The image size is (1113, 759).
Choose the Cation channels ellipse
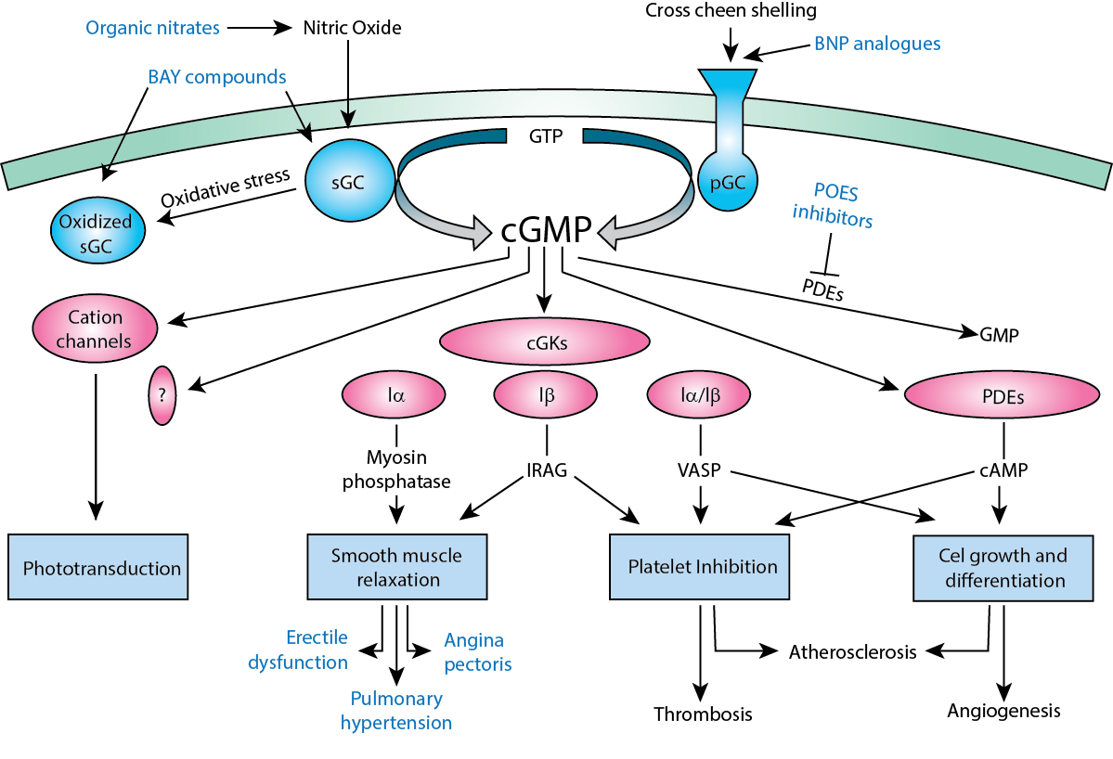(94, 328)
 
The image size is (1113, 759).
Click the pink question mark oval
(162, 394)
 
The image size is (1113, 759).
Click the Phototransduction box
(98, 567)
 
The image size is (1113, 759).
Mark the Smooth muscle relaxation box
(396, 567)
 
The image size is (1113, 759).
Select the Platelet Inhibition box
(702, 567)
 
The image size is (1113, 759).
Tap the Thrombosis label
(702, 714)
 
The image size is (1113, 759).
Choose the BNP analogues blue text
(877, 43)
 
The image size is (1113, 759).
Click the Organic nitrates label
(152, 28)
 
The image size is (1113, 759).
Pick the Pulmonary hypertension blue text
(396, 710)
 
